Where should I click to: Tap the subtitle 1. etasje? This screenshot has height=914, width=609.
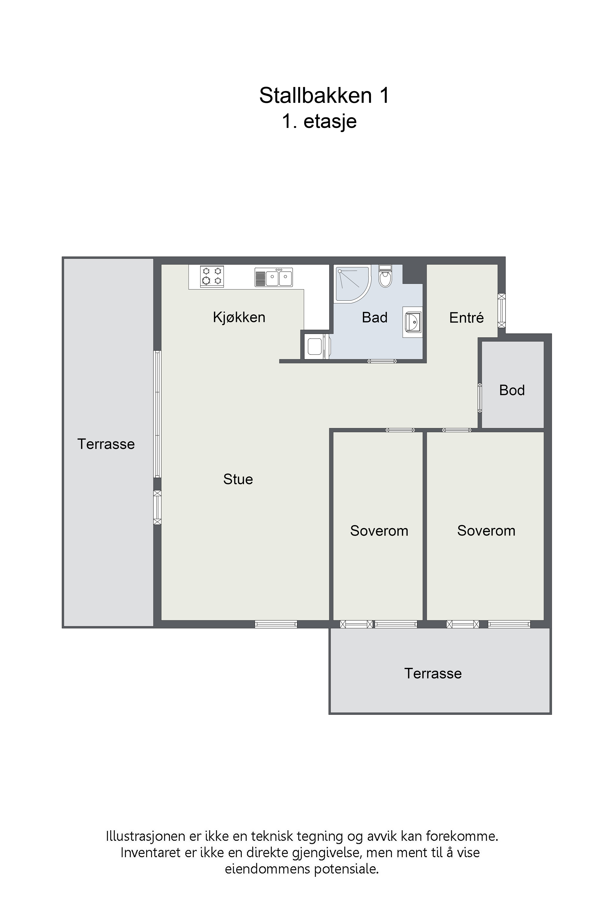tap(319, 121)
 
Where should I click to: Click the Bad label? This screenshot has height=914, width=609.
tap(375, 318)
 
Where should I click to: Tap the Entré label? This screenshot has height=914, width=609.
tap(466, 318)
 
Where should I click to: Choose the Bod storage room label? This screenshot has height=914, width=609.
tap(512, 390)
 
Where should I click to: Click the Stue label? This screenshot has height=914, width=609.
tap(238, 479)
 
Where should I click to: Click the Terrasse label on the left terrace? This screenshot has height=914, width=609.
tap(106, 444)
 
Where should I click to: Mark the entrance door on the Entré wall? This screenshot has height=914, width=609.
tap(502, 311)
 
